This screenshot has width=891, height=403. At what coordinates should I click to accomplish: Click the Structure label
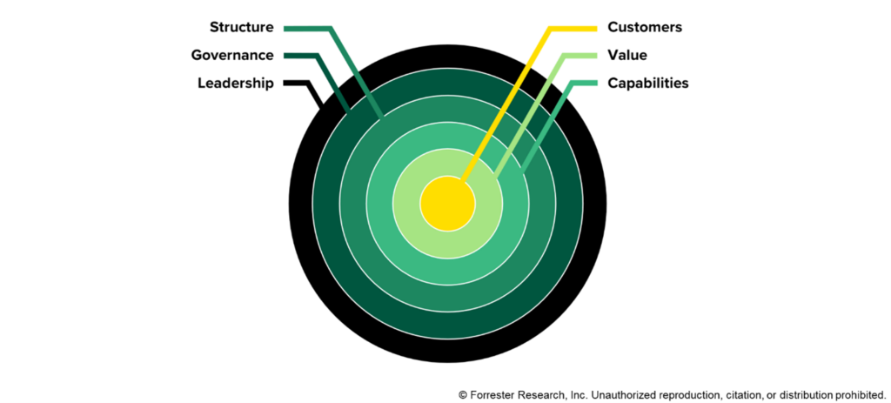pos(241,27)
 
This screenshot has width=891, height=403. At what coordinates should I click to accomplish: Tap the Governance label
pos(232,56)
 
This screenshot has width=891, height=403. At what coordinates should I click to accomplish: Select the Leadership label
pos(236,84)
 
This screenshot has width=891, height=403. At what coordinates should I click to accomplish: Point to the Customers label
pos(645,27)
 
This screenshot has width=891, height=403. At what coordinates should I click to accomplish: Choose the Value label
pos(626,56)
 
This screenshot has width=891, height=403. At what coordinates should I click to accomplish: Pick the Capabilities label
pos(648,84)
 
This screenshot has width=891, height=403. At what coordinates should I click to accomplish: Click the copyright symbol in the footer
pos(463,394)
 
